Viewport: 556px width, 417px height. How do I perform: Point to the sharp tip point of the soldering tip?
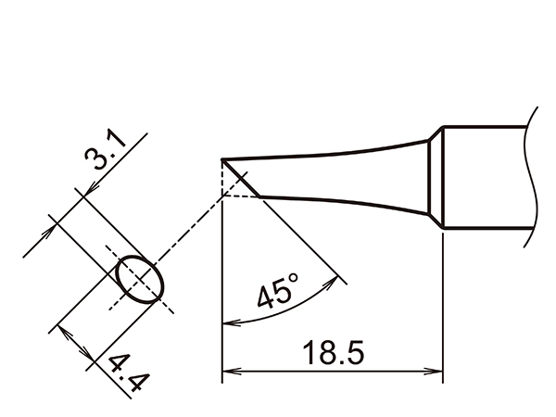(x=222, y=161)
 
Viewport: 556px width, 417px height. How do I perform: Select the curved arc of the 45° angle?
(x=278, y=313)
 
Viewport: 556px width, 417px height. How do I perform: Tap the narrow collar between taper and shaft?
(x=433, y=183)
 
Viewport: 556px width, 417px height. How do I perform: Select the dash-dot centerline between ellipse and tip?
(x=190, y=228)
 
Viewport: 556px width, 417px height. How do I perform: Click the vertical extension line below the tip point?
(x=222, y=278)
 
